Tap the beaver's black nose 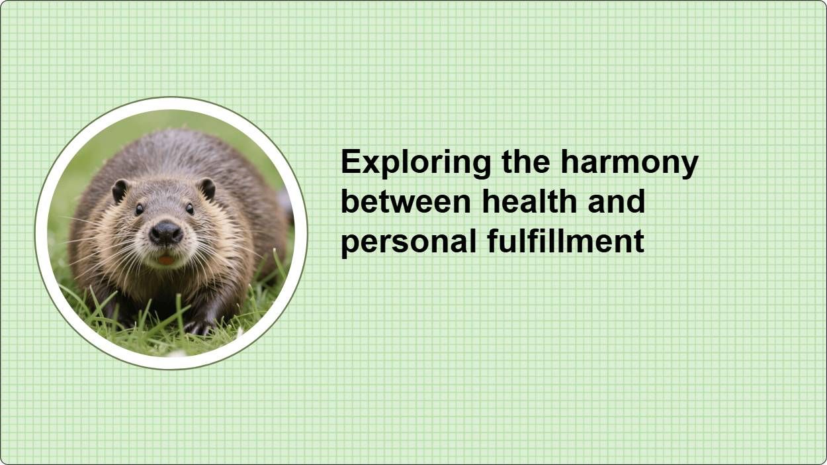point(165,232)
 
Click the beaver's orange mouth point(166,260)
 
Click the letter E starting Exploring point(349,162)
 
